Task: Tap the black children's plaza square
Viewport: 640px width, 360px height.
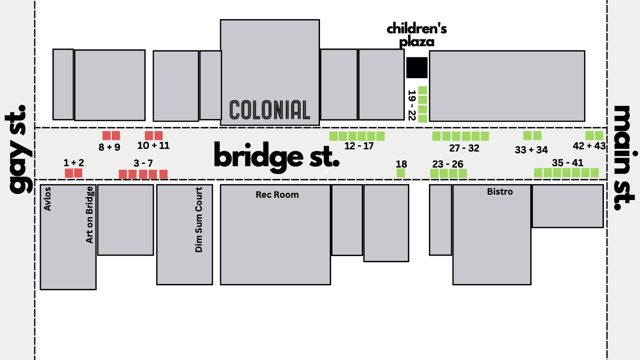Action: [417, 68]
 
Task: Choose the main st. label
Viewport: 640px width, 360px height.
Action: [625, 158]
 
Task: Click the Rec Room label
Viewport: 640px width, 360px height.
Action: [277, 195]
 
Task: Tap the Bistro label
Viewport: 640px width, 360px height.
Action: [500, 192]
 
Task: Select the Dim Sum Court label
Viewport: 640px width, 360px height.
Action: [199, 220]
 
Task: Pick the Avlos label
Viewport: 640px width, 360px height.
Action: [48, 199]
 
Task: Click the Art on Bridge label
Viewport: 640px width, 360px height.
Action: [90, 215]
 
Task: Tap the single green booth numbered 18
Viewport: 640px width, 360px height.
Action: [400, 173]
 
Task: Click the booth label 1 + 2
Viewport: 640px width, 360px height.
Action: [73, 163]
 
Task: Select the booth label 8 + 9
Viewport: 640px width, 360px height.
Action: [109, 147]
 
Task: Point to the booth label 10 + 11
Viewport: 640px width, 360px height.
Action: [153, 145]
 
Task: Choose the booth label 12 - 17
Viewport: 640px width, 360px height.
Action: [359, 146]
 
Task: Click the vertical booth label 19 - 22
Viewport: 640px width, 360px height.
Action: [412, 105]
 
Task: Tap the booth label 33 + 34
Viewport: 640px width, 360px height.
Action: [531, 150]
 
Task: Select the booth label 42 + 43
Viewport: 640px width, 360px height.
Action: [589, 146]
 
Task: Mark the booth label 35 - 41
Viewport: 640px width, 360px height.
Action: [568, 163]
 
